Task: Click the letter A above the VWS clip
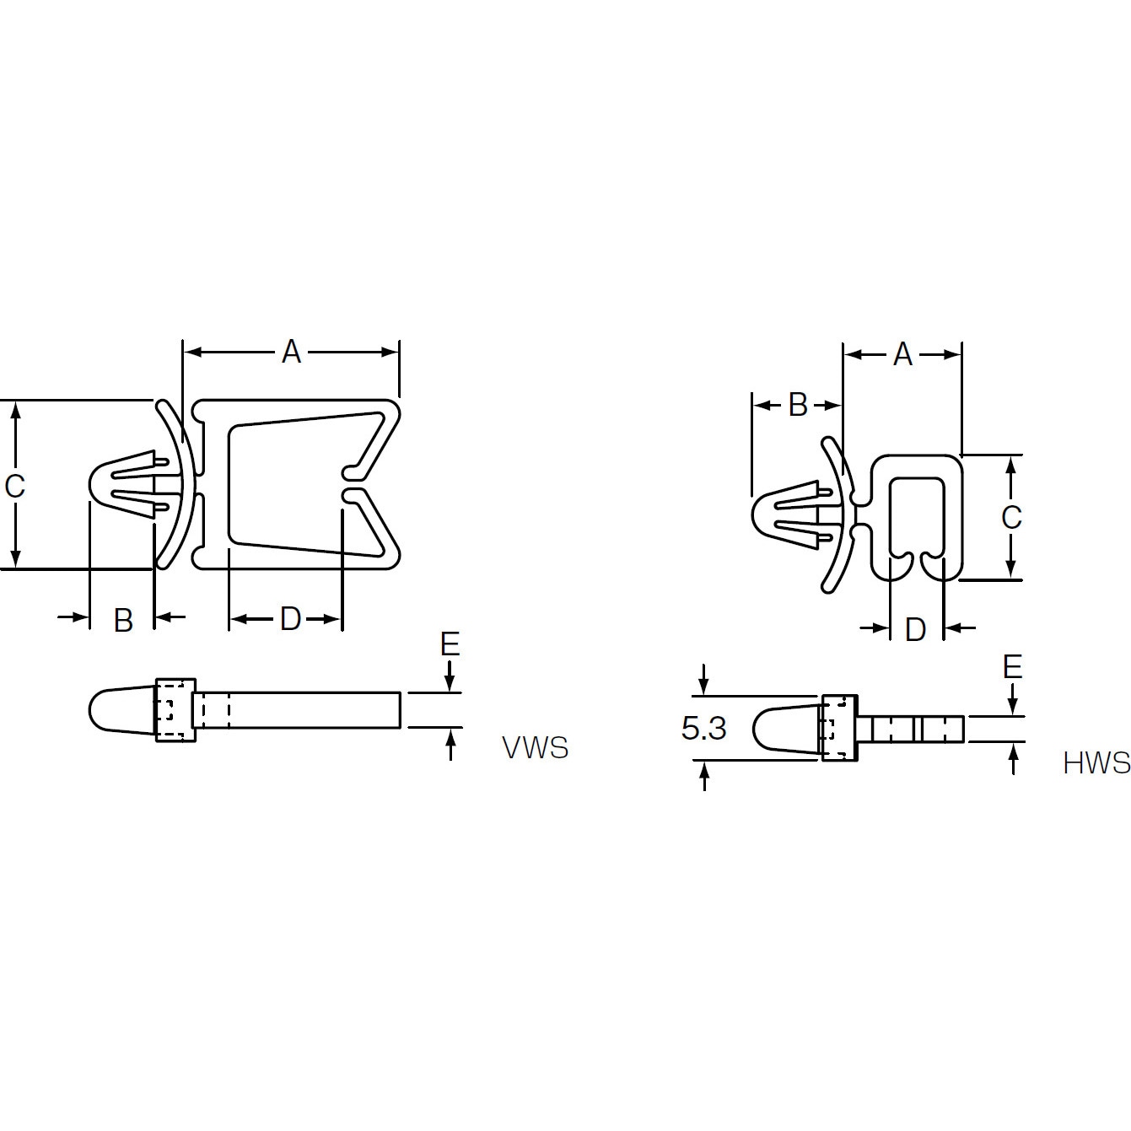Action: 291,353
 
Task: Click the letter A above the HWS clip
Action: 902,354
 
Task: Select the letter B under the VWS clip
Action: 123,620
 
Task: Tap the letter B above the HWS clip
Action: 798,405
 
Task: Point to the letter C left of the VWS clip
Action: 14,486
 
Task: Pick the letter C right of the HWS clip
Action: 1011,517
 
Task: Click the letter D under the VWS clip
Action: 290,618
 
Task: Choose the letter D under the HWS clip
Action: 916,629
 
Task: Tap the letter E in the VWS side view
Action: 450,644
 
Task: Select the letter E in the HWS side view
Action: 1013,667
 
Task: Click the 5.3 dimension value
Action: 703,729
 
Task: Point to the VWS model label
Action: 536,748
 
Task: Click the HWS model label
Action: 1096,763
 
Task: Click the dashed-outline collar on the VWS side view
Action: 175,711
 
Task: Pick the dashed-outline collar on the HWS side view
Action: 839,729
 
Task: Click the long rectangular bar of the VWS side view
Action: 299,711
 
